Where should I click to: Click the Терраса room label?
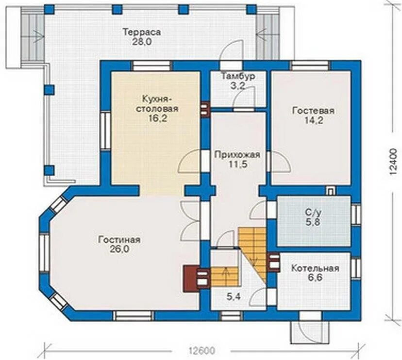142,33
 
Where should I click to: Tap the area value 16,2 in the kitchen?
157,118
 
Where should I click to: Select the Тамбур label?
238,76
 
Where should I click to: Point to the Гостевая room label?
313,111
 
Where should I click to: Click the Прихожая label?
237,155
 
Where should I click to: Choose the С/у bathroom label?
313,213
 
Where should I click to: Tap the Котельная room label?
315,268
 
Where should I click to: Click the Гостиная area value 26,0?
119,249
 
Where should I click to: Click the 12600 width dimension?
202,350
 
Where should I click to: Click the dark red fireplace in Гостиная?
191,278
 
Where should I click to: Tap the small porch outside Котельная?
309,332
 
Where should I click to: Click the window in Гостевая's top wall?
311,65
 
